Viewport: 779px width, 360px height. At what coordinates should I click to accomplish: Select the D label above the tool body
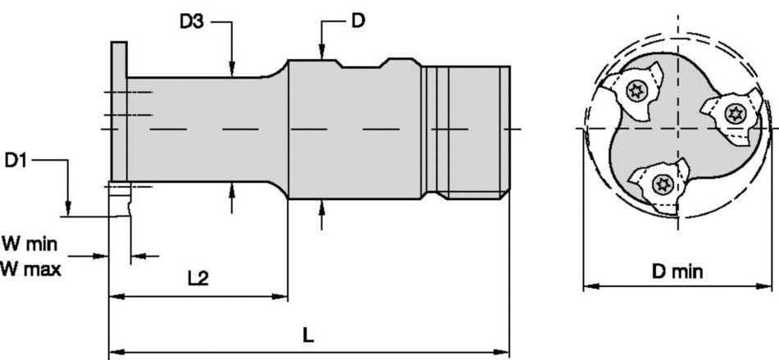[x=358, y=21]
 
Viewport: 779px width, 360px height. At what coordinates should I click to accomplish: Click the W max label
[x=30, y=267]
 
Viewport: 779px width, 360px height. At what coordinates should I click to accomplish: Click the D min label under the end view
[x=677, y=271]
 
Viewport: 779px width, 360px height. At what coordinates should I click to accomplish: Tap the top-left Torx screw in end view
[x=637, y=91]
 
